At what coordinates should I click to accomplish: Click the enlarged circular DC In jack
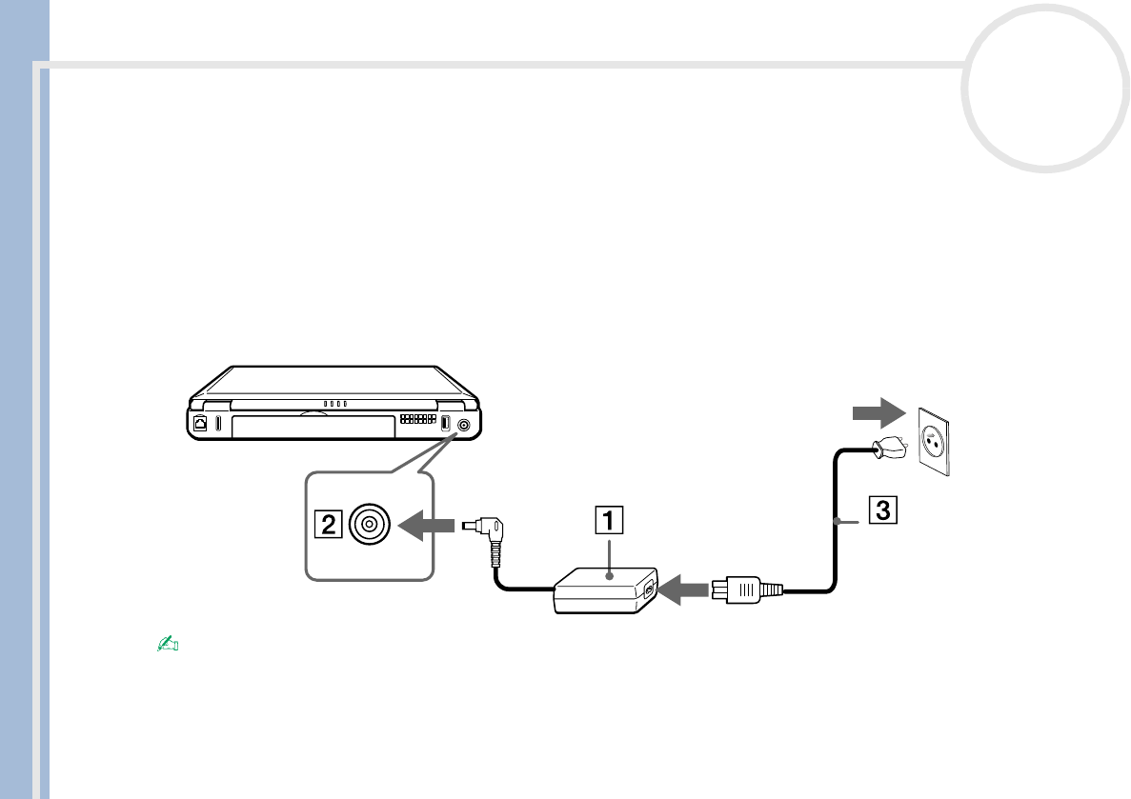[369, 524]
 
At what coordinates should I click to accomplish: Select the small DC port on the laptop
[464, 425]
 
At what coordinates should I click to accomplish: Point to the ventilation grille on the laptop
[415, 419]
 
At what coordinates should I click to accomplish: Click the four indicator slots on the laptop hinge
[333, 403]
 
